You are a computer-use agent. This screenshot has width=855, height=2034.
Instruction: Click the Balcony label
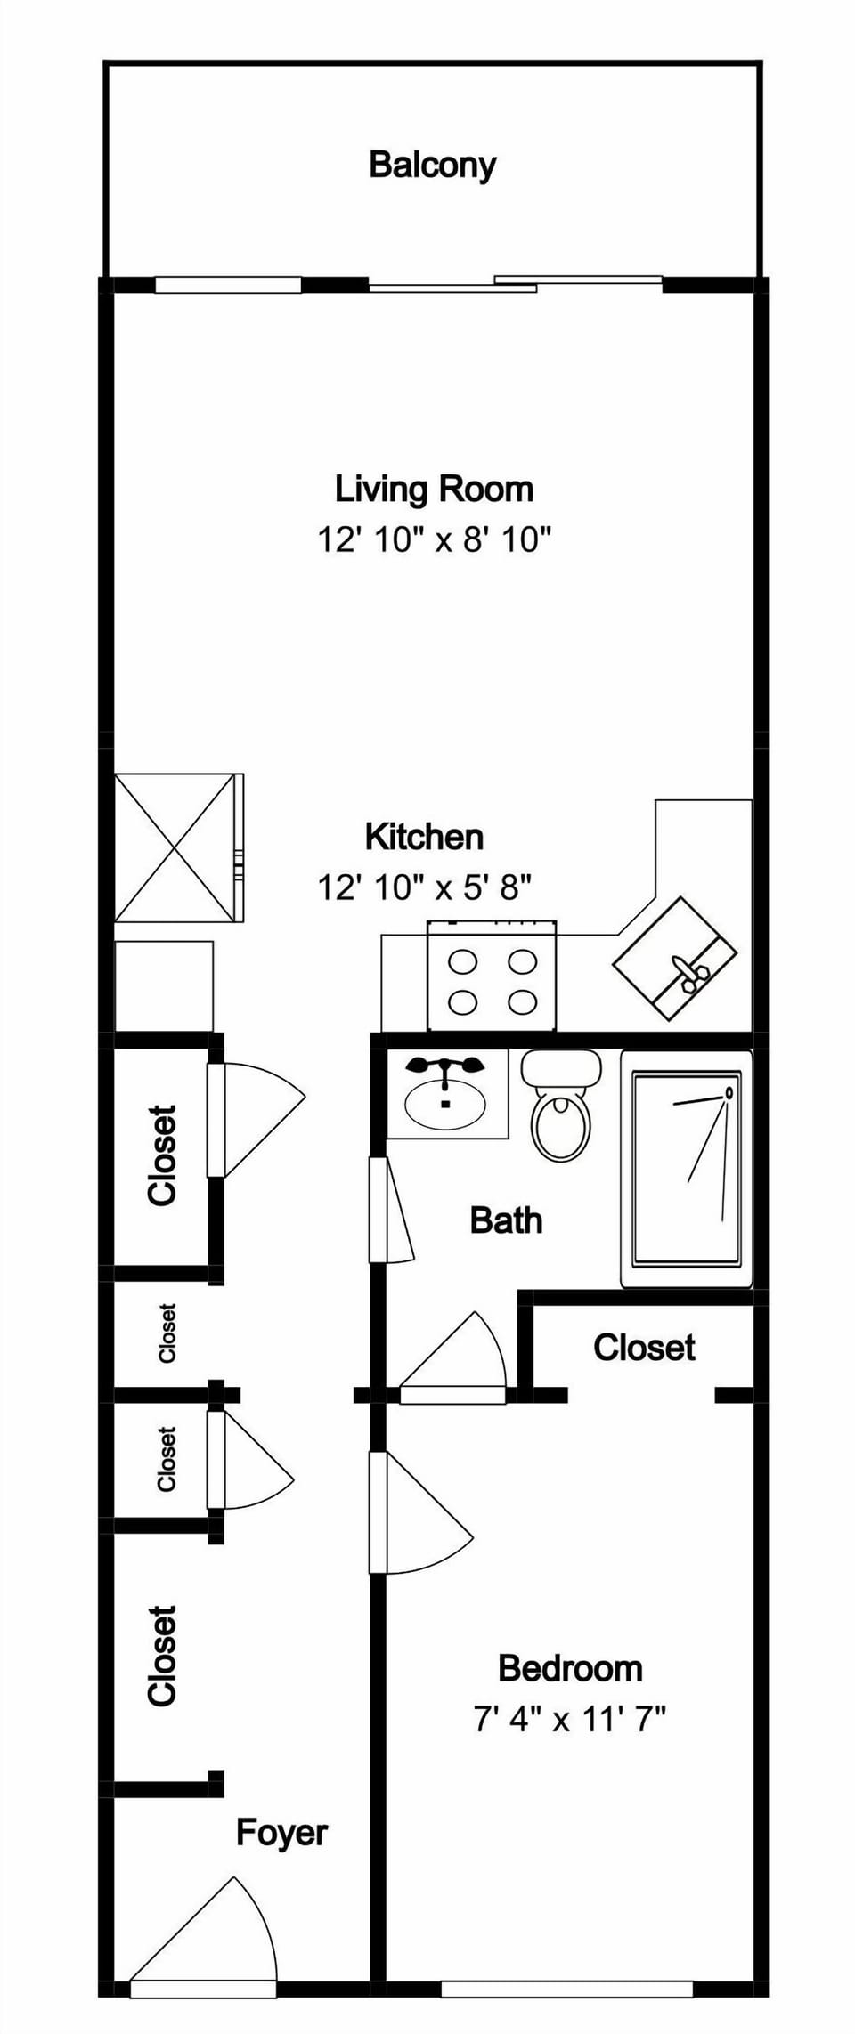[432, 165]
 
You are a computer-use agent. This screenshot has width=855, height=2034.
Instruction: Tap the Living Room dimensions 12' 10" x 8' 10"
[435, 539]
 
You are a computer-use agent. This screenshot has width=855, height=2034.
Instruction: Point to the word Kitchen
[424, 837]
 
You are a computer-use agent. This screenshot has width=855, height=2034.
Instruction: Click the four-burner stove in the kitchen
[493, 979]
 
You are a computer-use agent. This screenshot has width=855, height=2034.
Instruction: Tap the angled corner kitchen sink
[674, 958]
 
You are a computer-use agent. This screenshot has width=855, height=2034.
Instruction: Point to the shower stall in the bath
[686, 1168]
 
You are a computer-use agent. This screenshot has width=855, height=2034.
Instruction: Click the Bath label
[506, 1220]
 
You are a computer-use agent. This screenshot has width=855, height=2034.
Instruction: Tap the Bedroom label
[570, 1667]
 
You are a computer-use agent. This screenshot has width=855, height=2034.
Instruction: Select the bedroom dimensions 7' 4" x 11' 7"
[570, 1718]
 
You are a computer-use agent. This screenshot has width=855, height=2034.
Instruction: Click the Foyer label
[281, 1832]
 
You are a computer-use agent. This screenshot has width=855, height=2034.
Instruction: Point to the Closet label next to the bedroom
[644, 1347]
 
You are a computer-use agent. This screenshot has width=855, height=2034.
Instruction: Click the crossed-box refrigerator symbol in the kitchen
[175, 847]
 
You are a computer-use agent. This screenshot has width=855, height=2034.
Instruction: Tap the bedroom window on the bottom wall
[566, 1989]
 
